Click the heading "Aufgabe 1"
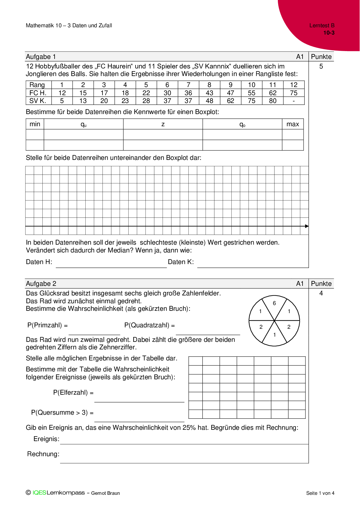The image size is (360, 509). (41, 57)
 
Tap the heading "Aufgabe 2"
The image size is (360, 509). (41, 284)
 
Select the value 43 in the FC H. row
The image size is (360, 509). (209, 93)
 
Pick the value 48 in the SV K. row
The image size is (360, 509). (209, 101)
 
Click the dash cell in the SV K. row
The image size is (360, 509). (294, 101)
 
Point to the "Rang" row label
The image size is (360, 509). (37, 85)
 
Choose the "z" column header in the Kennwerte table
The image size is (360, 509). (163, 124)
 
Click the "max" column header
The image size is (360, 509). (293, 124)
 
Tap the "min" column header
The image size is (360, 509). (35, 124)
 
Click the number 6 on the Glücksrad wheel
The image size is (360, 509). (274, 303)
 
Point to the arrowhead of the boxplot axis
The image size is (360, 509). (307, 226)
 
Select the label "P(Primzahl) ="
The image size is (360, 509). (48, 325)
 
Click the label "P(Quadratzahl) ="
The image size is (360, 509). (150, 325)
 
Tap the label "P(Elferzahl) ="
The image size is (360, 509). (73, 392)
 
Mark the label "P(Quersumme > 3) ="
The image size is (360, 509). (62, 412)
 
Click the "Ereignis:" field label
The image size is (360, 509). (46, 438)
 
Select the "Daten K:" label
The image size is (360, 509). (181, 262)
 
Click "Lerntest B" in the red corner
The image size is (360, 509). (322, 26)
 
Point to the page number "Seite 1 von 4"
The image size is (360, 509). (320, 493)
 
